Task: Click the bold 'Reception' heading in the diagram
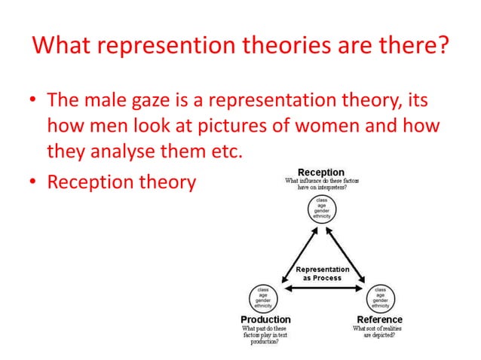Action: [x=321, y=172]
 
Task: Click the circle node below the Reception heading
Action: [x=322, y=209]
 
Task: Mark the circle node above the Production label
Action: [x=264, y=297]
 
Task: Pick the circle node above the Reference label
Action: [x=381, y=297]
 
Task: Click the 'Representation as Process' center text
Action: [x=322, y=273]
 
